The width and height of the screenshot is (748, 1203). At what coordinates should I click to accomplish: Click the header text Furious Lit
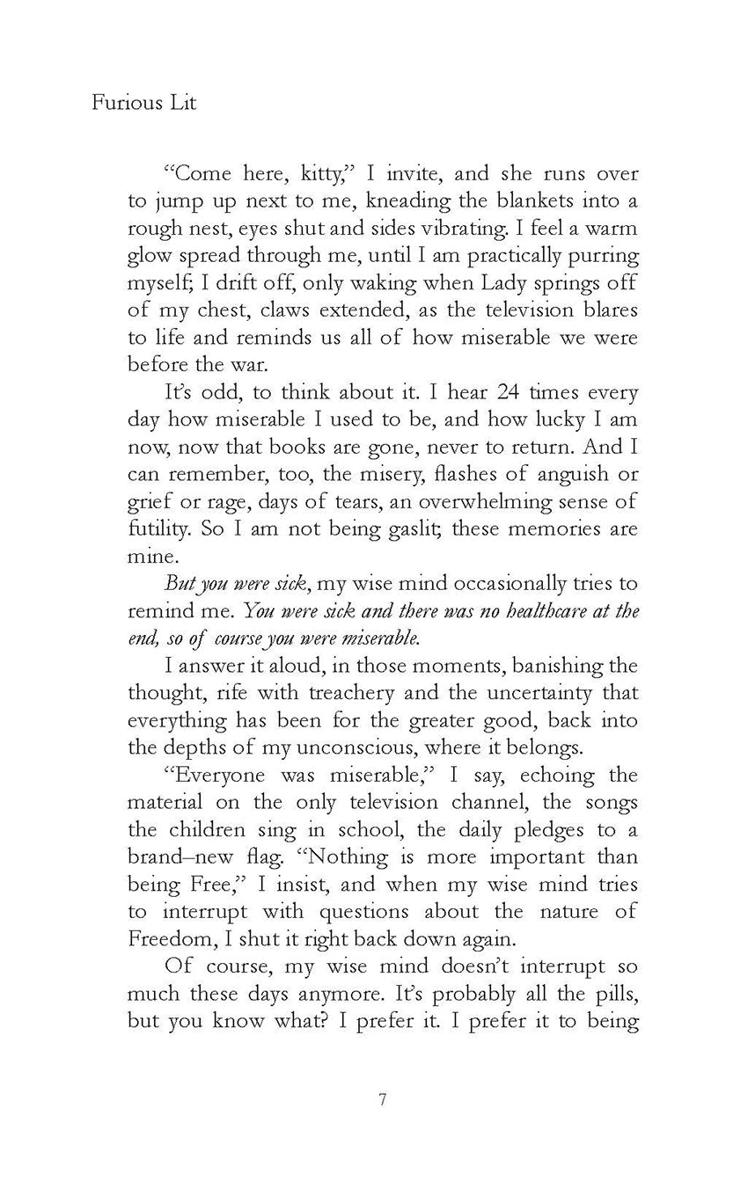coord(143,104)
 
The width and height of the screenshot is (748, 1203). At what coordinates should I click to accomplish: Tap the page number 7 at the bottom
coord(382,1099)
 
